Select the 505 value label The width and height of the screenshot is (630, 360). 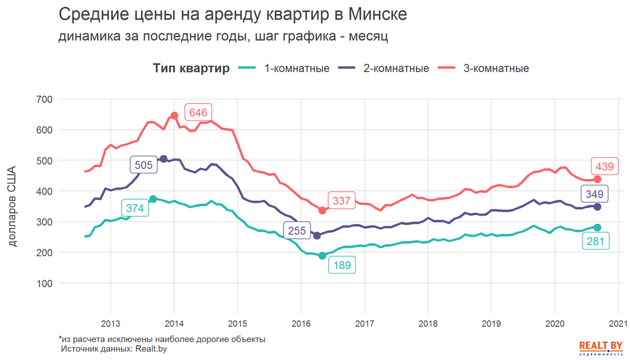pos(144,165)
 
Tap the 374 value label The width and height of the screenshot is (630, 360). pos(135,208)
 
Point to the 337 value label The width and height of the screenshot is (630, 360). pos(341,201)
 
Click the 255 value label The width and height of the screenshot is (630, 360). pos(297,231)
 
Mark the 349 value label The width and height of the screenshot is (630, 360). pos(594,194)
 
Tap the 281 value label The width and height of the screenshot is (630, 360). pos(596,241)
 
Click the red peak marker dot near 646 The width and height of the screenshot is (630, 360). pos(175,116)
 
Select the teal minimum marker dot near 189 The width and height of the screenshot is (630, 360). pos(322,256)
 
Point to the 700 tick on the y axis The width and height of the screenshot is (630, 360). pos(45,100)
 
